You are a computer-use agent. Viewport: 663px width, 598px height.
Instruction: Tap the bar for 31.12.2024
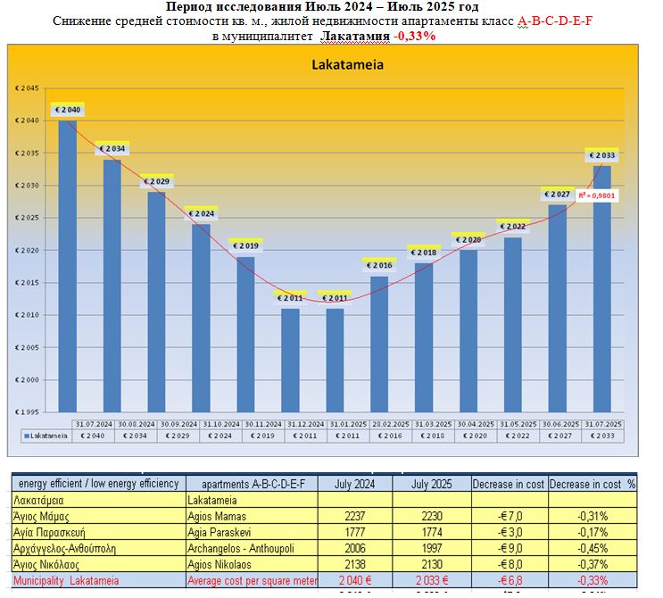coord(290,357)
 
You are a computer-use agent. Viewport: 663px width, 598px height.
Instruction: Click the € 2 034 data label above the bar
coord(112,148)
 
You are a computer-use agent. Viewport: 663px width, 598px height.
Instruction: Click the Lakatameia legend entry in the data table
coord(45,436)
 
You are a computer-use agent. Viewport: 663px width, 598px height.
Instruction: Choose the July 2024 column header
coord(355,484)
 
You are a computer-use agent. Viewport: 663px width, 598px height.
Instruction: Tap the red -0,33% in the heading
coord(416,36)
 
